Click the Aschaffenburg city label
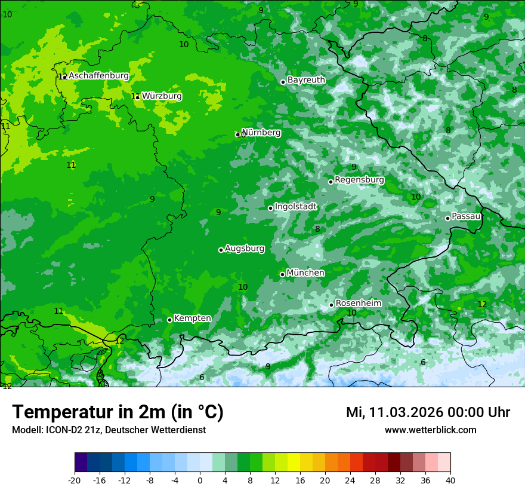tap(98, 76)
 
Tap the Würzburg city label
tap(162, 96)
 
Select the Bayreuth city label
tap(306, 80)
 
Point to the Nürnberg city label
tap(261, 133)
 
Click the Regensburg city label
tap(359, 180)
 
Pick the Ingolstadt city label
tap(295, 207)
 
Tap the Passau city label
tap(466, 216)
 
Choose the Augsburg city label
tap(245, 249)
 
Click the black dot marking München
tap(282, 274)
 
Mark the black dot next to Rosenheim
tap(332, 305)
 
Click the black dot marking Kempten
tap(169, 320)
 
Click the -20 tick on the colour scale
tap(75, 480)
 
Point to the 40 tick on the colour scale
tap(450, 480)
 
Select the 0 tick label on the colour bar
tap(200, 480)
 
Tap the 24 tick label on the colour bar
tap(350, 480)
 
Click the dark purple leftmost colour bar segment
tap(81, 463)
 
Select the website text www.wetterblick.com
tap(430, 430)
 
